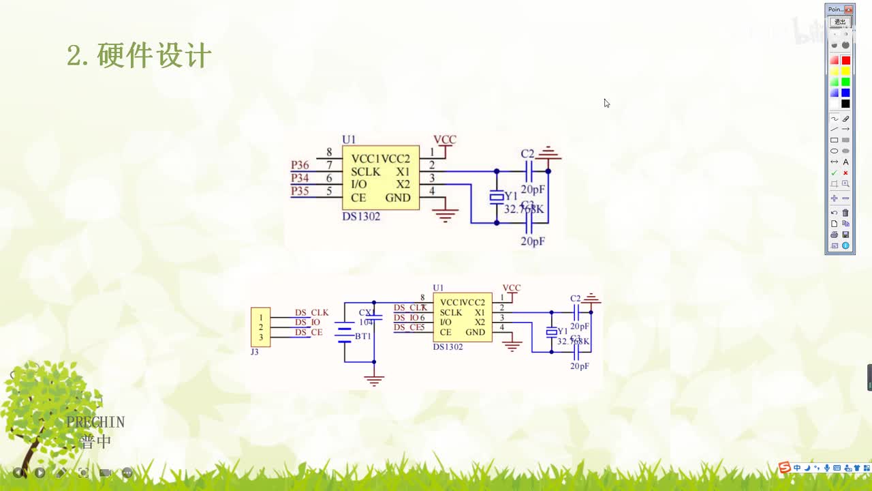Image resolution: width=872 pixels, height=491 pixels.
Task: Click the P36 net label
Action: click(x=300, y=165)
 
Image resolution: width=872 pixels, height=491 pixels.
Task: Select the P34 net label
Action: click(x=300, y=178)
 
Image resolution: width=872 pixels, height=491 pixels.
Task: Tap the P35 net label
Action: click(x=300, y=191)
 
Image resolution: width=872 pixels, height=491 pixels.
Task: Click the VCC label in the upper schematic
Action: click(x=445, y=140)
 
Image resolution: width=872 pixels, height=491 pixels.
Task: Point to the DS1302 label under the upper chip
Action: click(x=361, y=216)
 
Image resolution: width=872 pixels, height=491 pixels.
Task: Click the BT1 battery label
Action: click(x=363, y=336)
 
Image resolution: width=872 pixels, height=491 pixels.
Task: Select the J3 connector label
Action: click(x=255, y=352)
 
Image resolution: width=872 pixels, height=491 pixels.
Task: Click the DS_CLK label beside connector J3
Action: click(x=311, y=312)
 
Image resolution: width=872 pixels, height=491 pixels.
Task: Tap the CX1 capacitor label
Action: click(x=367, y=312)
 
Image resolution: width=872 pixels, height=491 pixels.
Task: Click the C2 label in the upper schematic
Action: click(x=527, y=154)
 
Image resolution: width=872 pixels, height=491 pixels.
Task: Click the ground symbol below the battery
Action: click(x=373, y=380)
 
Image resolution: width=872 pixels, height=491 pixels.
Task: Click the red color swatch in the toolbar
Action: click(x=845, y=61)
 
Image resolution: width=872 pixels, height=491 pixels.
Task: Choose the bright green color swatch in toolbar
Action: click(x=845, y=82)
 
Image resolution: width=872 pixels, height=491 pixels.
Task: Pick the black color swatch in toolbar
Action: click(x=845, y=104)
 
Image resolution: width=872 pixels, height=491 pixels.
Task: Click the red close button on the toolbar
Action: click(x=848, y=10)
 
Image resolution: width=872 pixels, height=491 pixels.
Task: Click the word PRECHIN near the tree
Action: click(x=95, y=422)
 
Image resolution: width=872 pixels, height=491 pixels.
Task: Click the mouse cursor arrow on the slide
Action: click(x=606, y=103)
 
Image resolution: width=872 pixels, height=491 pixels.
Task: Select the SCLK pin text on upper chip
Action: click(x=366, y=172)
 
